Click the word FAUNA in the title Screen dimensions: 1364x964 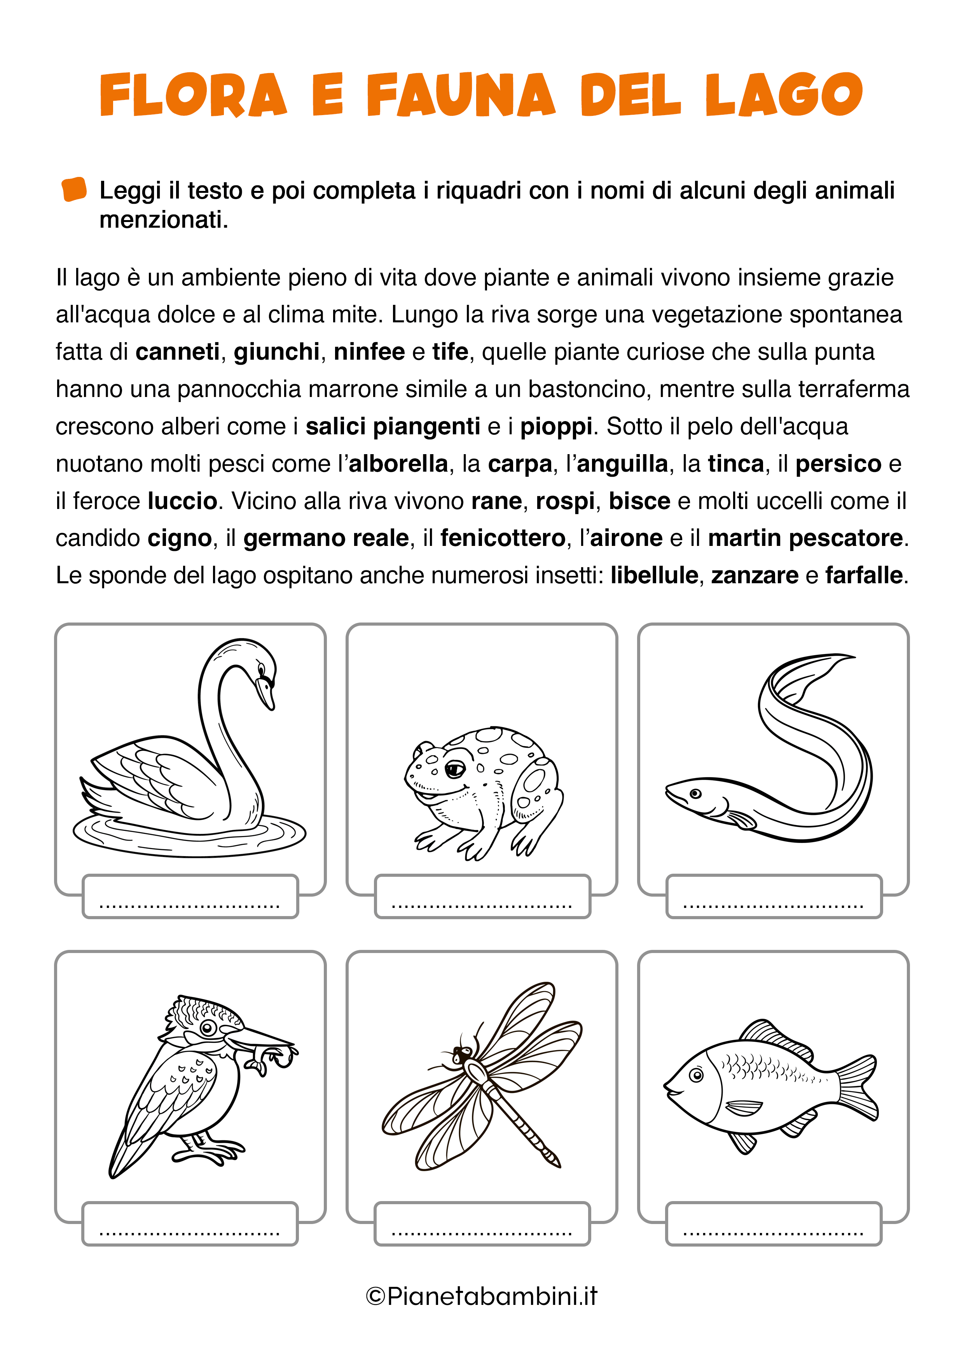461,95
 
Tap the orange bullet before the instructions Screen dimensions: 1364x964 74,189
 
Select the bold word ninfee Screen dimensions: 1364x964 369,352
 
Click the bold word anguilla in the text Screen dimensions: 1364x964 622,464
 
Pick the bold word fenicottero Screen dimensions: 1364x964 503,538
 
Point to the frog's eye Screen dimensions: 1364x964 456,769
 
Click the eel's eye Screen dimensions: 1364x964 695,793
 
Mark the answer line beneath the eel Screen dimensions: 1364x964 774,902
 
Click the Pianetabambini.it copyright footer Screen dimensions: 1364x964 482,1296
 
